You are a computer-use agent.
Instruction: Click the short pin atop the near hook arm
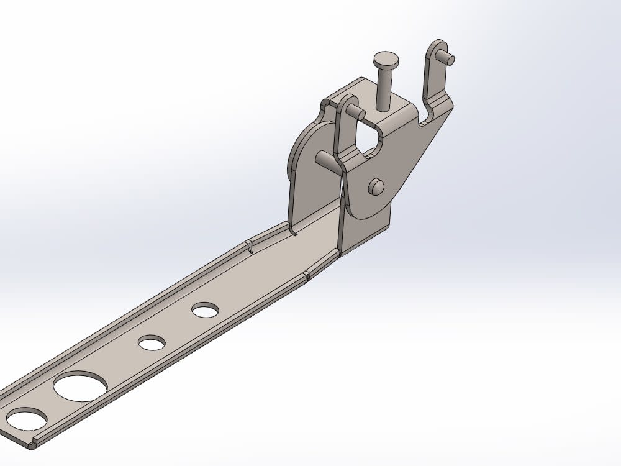pyautogui.click(x=356, y=112)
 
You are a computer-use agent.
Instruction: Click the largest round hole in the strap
pyautogui.click(x=80, y=386)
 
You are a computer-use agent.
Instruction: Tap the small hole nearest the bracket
pyautogui.click(x=205, y=309)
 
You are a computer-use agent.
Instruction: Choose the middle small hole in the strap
pyautogui.click(x=152, y=342)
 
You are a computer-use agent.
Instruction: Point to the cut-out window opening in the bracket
pyautogui.click(x=366, y=138)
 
